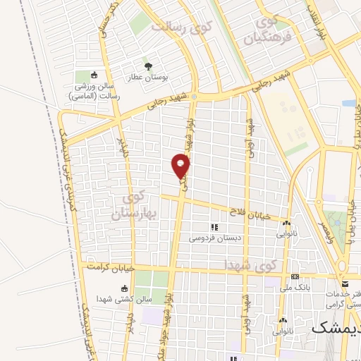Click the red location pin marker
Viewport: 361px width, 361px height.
(x=181, y=166)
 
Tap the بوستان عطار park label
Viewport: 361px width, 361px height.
(x=148, y=78)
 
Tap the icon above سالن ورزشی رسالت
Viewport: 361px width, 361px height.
(x=94, y=75)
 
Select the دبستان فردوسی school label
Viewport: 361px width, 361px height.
(x=214, y=238)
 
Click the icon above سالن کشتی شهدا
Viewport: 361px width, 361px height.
(x=125, y=288)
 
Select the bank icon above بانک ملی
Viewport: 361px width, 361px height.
(x=295, y=276)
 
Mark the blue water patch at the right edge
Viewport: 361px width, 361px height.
(x=349, y=103)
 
